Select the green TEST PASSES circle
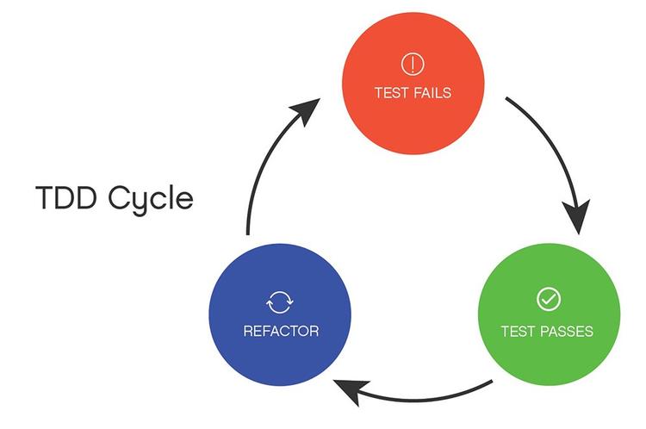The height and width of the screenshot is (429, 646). pos(548,319)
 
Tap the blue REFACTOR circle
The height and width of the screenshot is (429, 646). pos(280,319)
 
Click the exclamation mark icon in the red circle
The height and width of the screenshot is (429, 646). pos(413,63)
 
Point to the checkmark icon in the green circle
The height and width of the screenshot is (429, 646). pos(548,299)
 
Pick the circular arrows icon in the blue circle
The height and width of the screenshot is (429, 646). pos(280,302)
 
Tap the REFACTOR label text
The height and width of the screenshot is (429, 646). pos(280,331)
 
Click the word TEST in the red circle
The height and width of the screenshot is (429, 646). pos(391,92)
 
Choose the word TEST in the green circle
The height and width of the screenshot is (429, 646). pos(518,331)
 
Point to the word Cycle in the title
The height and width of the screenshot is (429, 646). pos(152,199)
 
